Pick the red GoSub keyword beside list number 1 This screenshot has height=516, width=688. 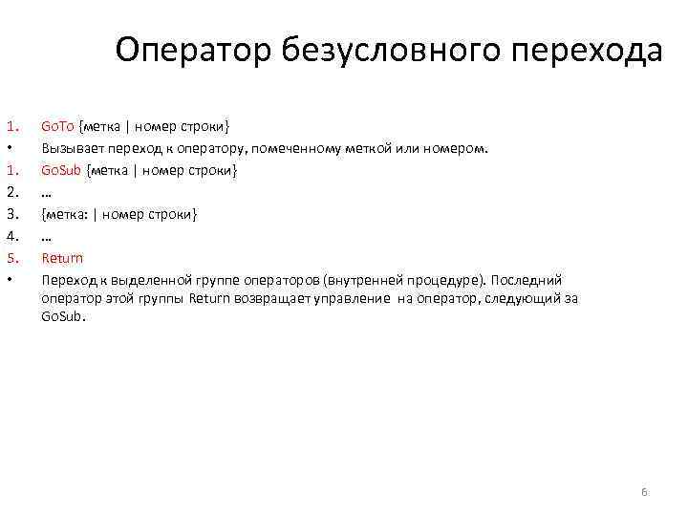point(60,170)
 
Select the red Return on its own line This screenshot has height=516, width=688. point(62,258)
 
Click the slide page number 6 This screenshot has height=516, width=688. point(644,492)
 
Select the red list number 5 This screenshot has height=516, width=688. point(11,258)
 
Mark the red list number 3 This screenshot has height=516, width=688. point(11,214)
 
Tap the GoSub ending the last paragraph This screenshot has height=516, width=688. point(62,316)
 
